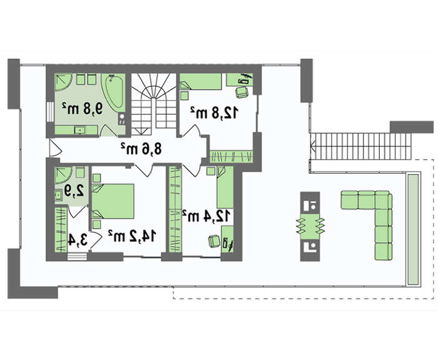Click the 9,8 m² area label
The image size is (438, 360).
click(x=83, y=108)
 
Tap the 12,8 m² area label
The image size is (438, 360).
click(x=215, y=112)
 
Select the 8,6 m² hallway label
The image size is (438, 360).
click(x=141, y=148)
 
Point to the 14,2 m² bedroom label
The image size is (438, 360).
click(x=131, y=236)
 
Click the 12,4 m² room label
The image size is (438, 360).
click(x=206, y=216)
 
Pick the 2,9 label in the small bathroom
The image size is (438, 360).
click(x=74, y=191)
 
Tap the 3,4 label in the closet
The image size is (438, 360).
click(x=78, y=240)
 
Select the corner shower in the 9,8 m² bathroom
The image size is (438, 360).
click(x=63, y=82)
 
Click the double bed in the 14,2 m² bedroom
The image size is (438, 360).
click(x=113, y=201)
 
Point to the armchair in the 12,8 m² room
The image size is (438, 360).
click(x=242, y=92)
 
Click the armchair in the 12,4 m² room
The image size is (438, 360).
click(x=214, y=241)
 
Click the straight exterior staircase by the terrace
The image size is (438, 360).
click(x=361, y=147)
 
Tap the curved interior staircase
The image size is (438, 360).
click(x=154, y=101)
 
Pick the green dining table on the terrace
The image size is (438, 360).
click(x=310, y=227)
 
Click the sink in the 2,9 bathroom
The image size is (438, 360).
click(x=59, y=195)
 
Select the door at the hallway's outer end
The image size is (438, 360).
click(x=55, y=148)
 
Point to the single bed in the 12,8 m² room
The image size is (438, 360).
click(x=201, y=81)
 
